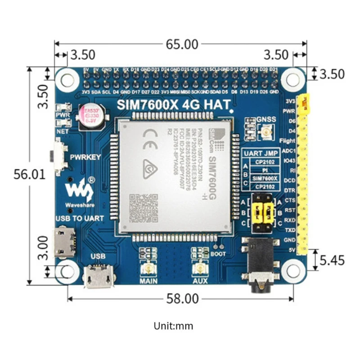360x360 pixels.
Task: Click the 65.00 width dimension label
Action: (x=180, y=45)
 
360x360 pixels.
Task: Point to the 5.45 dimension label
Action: (x=332, y=260)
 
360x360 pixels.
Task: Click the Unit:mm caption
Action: (x=173, y=326)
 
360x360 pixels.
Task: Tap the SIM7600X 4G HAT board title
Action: (x=174, y=104)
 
